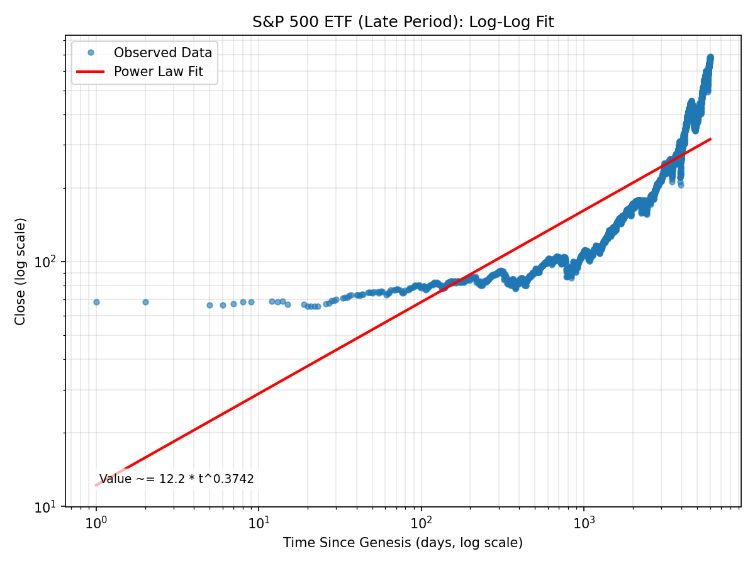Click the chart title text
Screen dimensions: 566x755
(403, 22)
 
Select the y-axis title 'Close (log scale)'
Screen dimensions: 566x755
(21, 271)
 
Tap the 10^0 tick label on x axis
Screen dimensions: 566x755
(96, 521)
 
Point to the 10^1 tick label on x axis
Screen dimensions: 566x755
(259, 521)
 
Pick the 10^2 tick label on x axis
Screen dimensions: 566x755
(422, 521)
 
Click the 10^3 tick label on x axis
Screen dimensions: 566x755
(584, 521)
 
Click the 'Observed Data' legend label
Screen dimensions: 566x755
(162, 53)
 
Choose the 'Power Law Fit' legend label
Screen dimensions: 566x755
(158, 72)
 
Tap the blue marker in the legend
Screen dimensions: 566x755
(91, 53)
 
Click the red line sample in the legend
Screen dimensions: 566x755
(91, 72)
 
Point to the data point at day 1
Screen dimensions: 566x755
(96, 302)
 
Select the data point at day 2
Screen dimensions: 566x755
(145, 302)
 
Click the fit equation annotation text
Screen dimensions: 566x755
(177, 479)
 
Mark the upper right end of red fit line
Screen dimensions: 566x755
(710, 139)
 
